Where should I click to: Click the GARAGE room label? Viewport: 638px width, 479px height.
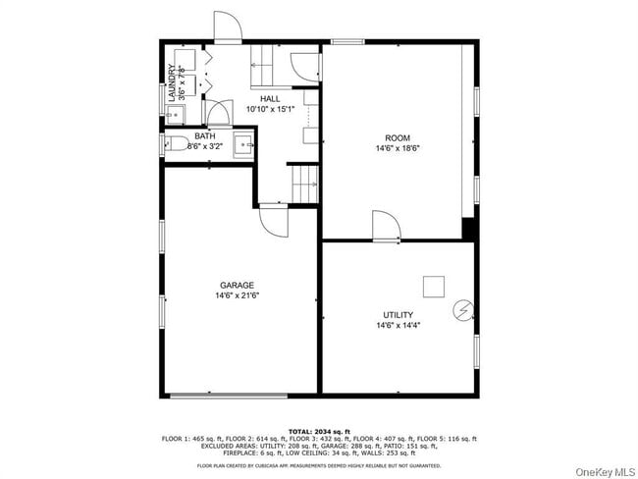click(x=237, y=285)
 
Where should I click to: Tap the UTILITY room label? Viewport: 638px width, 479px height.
click(x=398, y=315)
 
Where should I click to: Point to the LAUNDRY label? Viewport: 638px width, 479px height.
click(x=172, y=82)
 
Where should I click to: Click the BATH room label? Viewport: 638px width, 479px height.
click(x=205, y=136)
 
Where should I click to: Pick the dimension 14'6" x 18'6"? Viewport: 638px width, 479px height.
click(x=398, y=148)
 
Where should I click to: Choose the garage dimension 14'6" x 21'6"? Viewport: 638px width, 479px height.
click(x=237, y=295)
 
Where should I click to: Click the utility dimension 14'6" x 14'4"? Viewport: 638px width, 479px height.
click(x=398, y=326)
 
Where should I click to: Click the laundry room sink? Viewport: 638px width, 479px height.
click(x=182, y=59)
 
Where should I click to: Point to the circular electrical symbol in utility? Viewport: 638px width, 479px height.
click(x=461, y=310)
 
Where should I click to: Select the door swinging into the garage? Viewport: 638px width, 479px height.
click(x=272, y=220)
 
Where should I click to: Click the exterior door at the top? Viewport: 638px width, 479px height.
click(x=227, y=27)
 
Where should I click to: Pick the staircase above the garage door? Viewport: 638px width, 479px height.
click(x=304, y=180)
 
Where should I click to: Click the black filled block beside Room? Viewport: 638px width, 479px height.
click(x=468, y=229)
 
